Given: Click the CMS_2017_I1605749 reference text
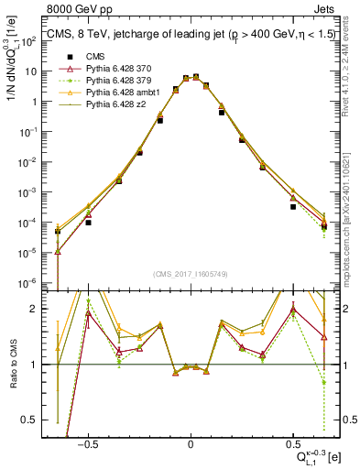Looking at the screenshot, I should coord(190,274).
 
